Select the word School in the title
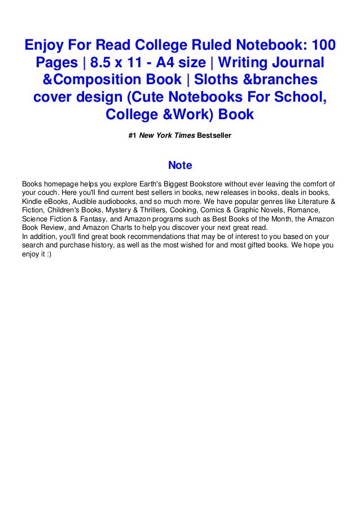[x=297, y=97]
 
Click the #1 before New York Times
[x=133, y=136]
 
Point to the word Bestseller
[x=214, y=136]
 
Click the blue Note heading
[x=180, y=165]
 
